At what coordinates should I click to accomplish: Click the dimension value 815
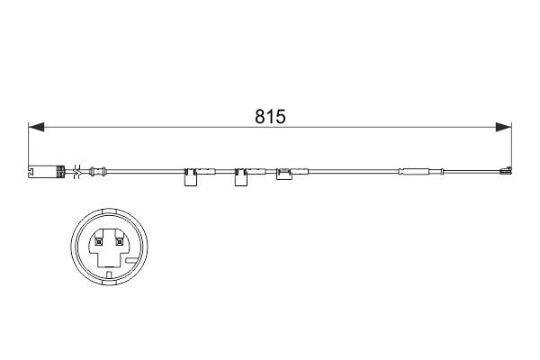(270, 115)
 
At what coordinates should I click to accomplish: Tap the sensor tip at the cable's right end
(505, 170)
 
